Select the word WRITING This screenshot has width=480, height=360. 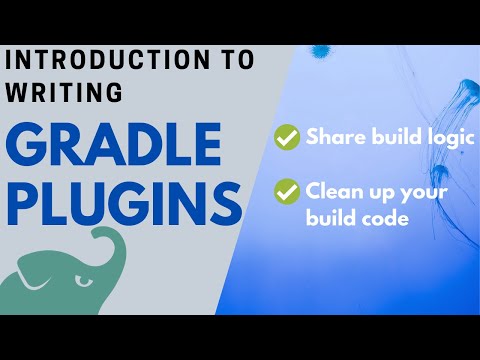coord(66,92)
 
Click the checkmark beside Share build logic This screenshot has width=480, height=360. coord(287,139)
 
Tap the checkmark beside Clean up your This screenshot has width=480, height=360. coord(287,188)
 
